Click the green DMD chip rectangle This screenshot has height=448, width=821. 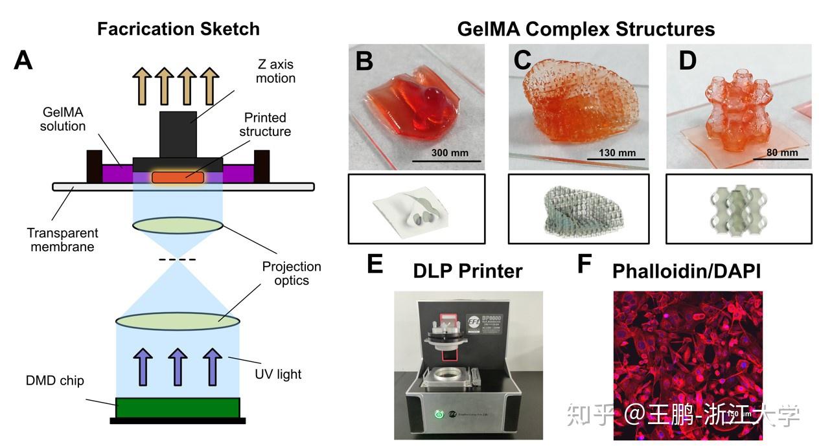178,407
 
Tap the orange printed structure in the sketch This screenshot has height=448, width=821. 178,177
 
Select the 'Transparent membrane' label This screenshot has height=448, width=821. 63,240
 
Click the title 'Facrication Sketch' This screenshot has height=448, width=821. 178,29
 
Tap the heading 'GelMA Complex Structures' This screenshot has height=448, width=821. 586,29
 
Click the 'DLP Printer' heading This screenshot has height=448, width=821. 468,271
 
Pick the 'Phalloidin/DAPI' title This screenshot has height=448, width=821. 686,271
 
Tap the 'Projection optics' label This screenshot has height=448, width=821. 292,273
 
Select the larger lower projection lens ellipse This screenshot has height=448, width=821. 178,320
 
